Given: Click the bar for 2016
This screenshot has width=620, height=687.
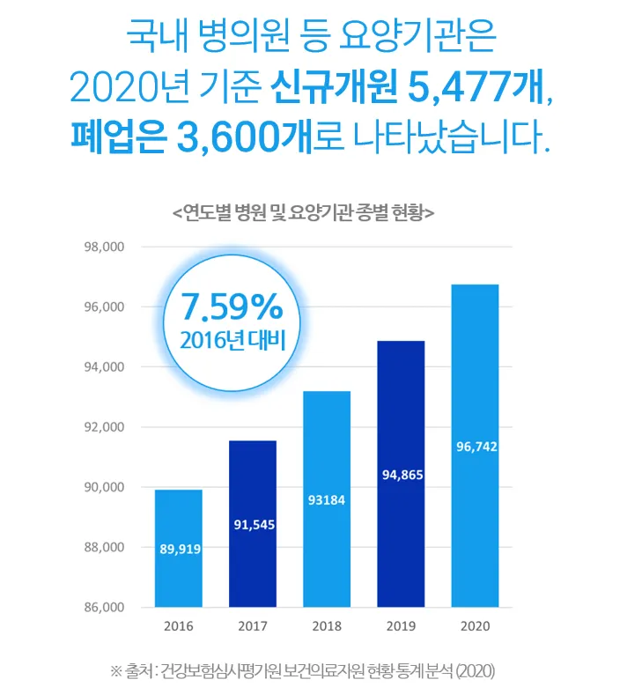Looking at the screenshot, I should point(180,548).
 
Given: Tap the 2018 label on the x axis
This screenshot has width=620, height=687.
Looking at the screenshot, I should point(327,627).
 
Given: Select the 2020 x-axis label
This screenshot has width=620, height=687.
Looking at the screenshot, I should point(475,627).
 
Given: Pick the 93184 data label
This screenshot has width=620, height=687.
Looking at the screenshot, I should point(327,500).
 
